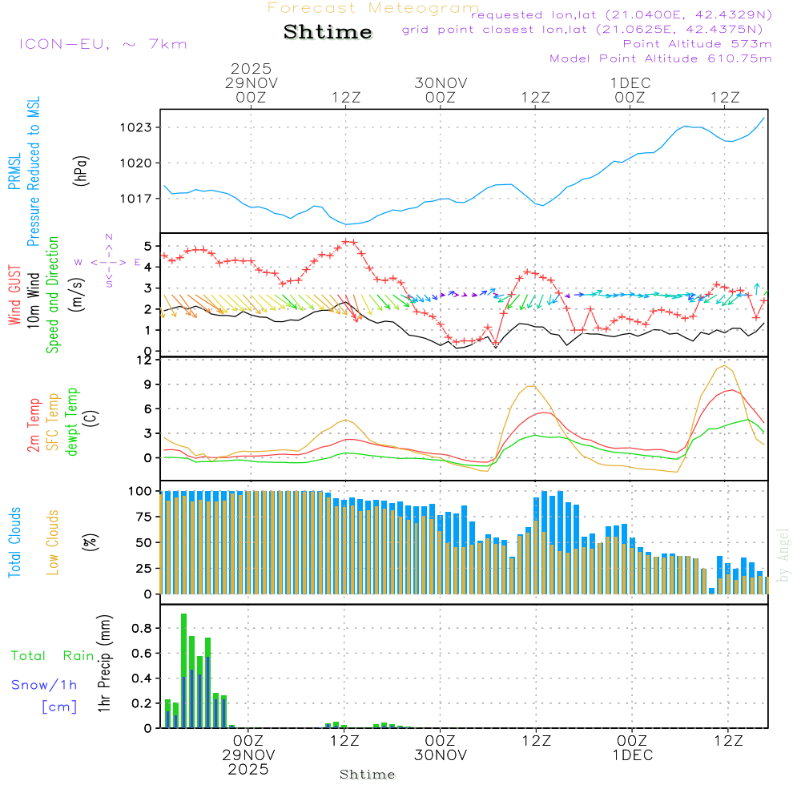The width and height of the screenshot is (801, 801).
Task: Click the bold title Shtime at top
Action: click(x=328, y=33)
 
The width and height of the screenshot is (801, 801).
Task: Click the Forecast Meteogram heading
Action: click(x=373, y=8)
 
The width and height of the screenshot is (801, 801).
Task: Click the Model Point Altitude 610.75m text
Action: click(x=660, y=58)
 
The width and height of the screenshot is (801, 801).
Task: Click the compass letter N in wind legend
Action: click(x=109, y=237)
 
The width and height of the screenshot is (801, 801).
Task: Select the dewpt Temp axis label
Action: click(x=73, y=422)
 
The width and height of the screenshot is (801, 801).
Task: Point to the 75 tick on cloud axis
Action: click(x=142, y=517)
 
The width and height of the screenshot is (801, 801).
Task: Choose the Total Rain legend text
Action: click(x=52, y=656)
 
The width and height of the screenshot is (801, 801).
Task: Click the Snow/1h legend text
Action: click(x=44, y=685)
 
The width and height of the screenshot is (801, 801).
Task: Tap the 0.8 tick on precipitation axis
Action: click(x=141, y=629)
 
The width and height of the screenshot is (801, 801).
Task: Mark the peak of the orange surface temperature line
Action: click(x=725, y=365)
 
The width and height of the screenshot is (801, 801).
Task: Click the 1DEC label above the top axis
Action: click(x=630, y=83)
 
